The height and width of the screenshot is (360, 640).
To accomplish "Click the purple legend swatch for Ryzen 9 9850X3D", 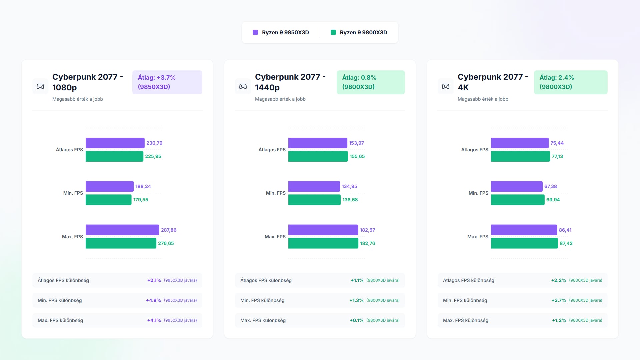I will click(255, 32).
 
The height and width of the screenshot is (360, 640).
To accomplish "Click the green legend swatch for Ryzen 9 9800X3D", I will click(333, 32).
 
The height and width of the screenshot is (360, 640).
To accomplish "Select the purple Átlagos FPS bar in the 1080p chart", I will click(115, 143).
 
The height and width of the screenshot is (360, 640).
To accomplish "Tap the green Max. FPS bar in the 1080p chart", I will click(121, 243).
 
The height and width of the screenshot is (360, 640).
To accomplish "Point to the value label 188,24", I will click(143, 186).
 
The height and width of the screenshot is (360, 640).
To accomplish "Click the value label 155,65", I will click(357, 156).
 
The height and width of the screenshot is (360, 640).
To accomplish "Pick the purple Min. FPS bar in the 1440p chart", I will click(314, 186).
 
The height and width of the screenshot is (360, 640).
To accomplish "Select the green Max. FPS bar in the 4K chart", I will click(524, 243).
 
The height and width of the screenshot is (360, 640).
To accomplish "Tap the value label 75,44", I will click(557, 143).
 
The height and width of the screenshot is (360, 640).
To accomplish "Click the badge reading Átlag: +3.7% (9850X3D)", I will click(167, 82).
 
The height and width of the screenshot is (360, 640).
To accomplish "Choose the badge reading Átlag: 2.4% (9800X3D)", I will click(570, 82).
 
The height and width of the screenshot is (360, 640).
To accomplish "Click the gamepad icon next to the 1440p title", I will click(243, 86).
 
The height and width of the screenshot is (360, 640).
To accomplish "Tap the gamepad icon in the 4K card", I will click(446, 86).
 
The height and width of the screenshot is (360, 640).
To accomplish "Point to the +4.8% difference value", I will click(153, 300).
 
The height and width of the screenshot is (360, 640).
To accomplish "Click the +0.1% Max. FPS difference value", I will click(356, 320).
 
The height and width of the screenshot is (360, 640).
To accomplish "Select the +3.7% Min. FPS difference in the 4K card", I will click(559, 300).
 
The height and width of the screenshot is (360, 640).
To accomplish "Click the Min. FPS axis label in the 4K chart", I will click(478, 193).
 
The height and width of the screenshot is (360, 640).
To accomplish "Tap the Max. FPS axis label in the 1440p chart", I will click(275, 237).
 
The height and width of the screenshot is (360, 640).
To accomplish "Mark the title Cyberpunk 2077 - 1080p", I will click(87, 82).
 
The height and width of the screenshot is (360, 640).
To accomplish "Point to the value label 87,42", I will click(566, 243).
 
